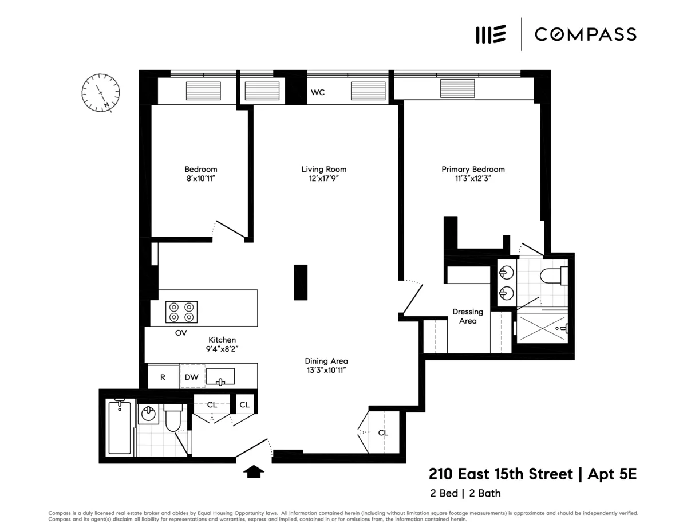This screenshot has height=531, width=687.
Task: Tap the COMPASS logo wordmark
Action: point(585,34)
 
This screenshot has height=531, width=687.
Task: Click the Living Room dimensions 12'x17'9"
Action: point(324,179)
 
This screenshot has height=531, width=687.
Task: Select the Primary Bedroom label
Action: point(473,169)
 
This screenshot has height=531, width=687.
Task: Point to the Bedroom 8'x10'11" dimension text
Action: point(200,179)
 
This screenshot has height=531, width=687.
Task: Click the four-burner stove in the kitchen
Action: point(181,312)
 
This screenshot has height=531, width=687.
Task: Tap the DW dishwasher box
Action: point(192,377)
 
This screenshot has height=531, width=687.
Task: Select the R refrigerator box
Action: point(163,377)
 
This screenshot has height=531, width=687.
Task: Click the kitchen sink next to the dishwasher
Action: point(220,377)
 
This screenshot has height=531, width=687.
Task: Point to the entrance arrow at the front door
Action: point(254,471)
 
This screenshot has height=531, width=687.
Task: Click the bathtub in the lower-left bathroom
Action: point(120,428)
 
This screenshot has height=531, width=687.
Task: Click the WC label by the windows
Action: point(318,92)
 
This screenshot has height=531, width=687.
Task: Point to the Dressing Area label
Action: point(468,316)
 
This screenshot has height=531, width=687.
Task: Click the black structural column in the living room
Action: point(301,282)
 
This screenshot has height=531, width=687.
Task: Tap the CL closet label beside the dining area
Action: point(383,433)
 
